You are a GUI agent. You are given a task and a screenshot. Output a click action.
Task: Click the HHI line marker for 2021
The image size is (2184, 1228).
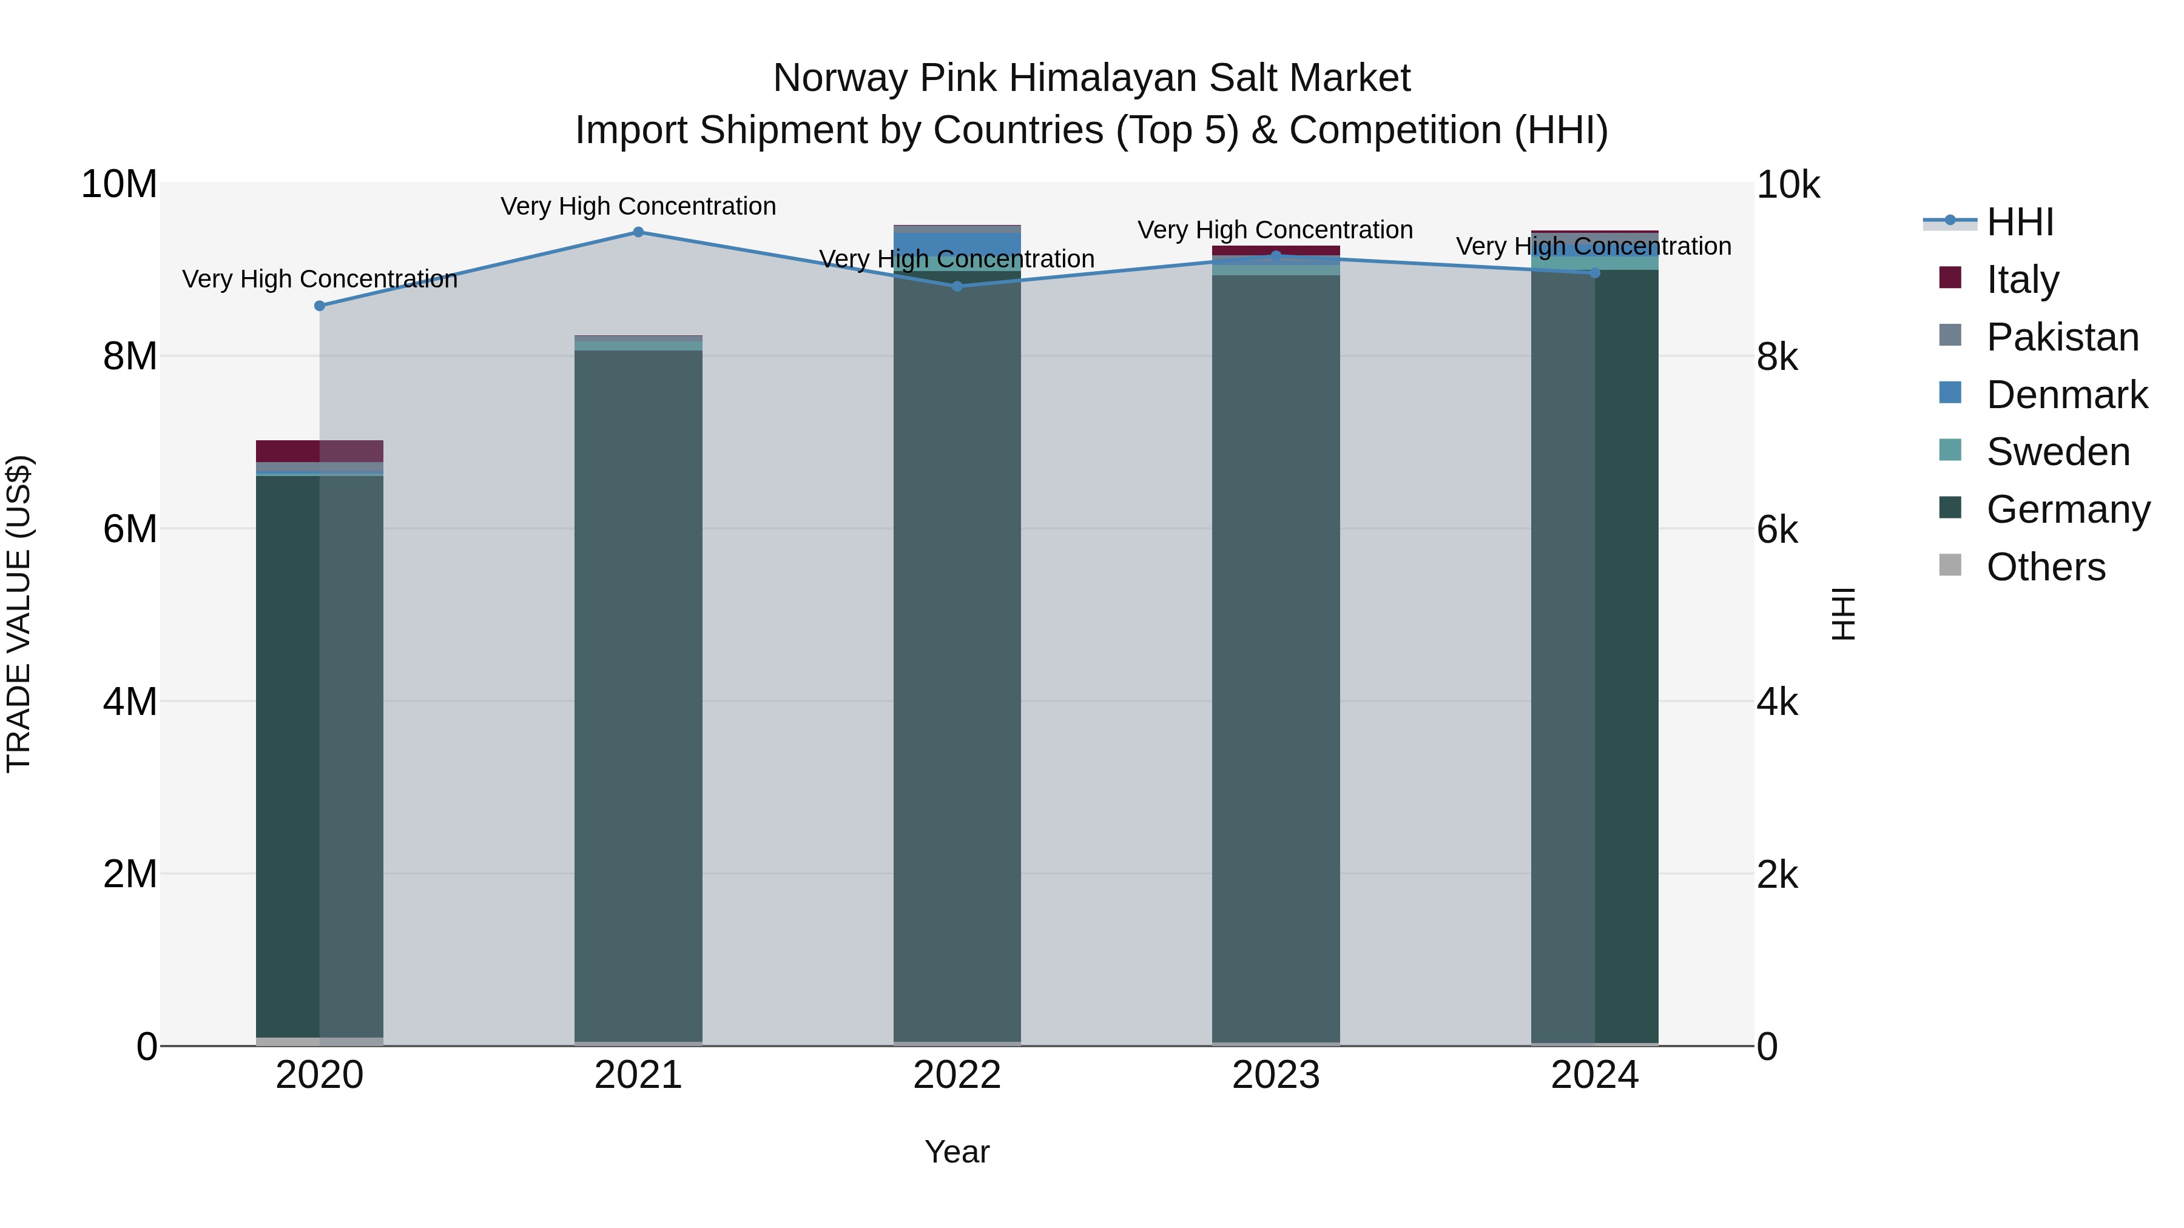click(x=638, y=232)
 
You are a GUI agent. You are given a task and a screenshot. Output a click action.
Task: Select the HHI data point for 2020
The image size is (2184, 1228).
click(x=320, y=306)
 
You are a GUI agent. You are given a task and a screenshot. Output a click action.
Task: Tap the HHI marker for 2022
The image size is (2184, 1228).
click(x=957, y=286)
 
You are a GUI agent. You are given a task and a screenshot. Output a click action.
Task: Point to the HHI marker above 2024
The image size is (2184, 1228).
click(x=1595, y=273)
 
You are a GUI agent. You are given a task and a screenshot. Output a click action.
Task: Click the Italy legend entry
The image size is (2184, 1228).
click(x=2022, y=280)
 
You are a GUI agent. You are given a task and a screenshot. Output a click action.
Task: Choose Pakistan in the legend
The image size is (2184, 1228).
click(x=2062, y=337)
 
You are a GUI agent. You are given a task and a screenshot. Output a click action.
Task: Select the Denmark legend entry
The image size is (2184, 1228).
click(x=2066, y=395)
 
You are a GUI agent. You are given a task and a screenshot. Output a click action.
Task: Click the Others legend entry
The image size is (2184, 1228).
click(x=2045, y=567)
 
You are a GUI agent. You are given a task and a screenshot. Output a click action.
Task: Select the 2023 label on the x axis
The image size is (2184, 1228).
click(x=1276, y=1075)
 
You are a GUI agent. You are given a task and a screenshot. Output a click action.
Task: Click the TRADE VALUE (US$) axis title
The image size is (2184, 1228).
click(x=19, y=614)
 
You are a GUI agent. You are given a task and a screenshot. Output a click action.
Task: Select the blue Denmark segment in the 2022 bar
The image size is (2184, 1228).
click(x=957, y=244)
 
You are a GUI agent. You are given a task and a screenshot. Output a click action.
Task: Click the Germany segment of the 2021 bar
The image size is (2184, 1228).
click(x=638, y=695)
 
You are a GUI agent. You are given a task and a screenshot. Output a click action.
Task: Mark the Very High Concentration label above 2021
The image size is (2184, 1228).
click(x=638, y=207)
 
